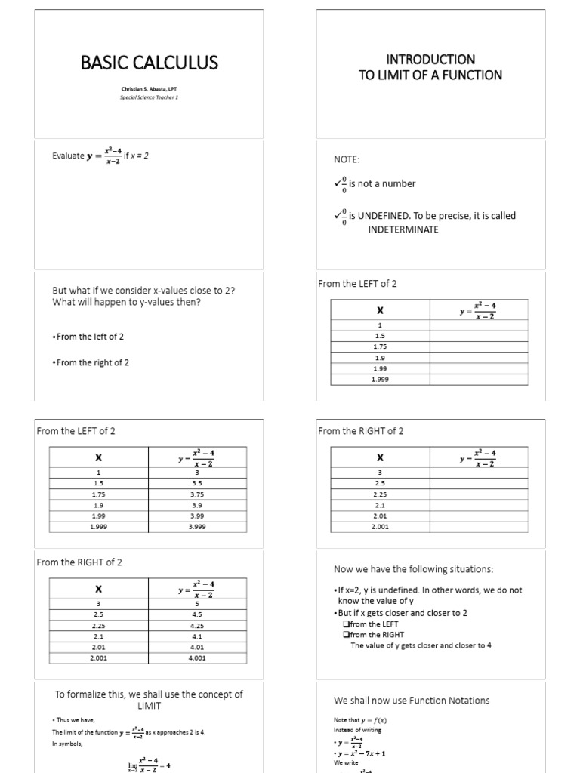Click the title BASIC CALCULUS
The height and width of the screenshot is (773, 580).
150,63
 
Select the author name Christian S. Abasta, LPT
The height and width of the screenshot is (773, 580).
150,89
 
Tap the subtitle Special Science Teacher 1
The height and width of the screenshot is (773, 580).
150,97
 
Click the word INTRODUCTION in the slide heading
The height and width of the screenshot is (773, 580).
430,59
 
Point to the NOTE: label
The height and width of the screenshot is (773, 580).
347,160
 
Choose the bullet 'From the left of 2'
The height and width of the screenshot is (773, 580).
88,336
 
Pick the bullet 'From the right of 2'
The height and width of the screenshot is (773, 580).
91,362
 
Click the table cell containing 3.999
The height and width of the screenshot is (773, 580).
197,526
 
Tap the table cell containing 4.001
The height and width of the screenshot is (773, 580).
197,658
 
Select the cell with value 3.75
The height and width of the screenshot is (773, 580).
197,494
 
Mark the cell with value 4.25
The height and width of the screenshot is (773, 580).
197,625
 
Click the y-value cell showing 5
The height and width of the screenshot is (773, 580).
197,604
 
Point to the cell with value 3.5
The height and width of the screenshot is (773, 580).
197,484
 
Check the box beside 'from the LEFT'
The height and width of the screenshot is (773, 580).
347,624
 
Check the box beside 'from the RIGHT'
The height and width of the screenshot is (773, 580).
347,635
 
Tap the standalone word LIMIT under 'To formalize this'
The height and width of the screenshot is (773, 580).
149,706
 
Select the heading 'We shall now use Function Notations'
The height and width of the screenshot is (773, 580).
412,700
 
